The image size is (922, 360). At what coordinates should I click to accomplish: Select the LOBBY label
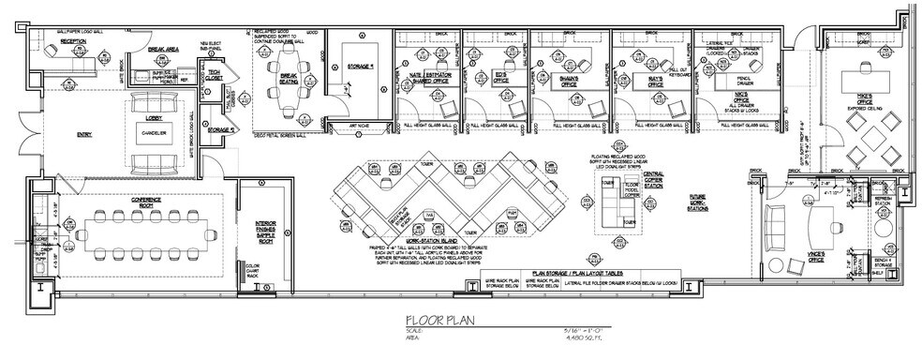[156, 118]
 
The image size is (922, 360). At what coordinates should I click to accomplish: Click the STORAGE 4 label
[358, 67]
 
